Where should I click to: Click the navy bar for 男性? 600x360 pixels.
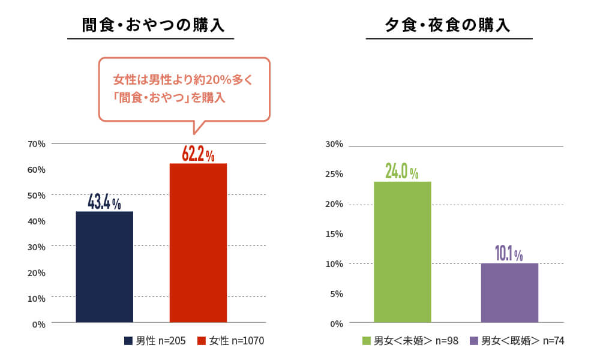104,266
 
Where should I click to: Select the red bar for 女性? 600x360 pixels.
198,242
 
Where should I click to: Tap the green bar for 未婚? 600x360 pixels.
402,251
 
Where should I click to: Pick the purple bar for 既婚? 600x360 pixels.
509,292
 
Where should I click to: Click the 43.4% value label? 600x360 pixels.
104,202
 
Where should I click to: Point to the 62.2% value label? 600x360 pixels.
198,154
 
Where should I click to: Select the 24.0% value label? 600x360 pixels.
402,172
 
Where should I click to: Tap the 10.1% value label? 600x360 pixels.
509,254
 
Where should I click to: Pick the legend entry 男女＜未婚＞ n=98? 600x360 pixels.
410,341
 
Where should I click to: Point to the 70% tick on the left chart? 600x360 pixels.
37,144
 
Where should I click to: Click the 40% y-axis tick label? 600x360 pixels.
37,221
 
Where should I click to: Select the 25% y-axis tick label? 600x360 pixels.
334,174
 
